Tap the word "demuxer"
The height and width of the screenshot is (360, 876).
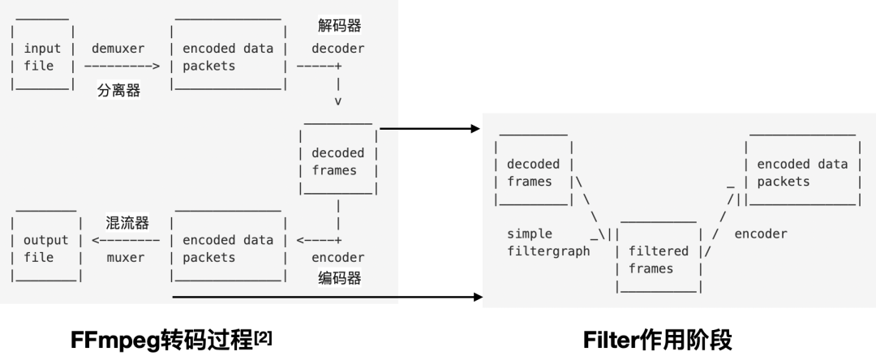tap(118, 49)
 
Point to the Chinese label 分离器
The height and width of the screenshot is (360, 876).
tap(119, 91)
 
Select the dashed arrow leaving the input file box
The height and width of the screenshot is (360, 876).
tap(122, 66)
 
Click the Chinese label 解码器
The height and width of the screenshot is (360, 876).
tap(339, 26)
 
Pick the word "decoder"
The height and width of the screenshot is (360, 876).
tap(338, 49)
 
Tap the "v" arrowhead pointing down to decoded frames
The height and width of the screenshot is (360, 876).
tap(337, 101)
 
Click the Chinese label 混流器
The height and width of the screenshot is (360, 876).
tap(127, 221)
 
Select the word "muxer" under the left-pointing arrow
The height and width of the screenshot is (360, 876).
tap(126, 258)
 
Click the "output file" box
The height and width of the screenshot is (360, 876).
tap(46, 248)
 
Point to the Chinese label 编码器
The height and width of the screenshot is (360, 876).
tap(339, 279)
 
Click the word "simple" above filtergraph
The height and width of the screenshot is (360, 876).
tap(530, 234)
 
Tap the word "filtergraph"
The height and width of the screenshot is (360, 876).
tap(549, 251)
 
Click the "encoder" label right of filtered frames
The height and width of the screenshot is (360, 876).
tap(761, 234)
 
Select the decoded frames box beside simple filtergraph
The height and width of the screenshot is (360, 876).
tap(535, 173)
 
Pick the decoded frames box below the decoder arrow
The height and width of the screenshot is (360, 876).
tap(338, 161)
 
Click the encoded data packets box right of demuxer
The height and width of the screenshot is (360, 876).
tap(228, 57)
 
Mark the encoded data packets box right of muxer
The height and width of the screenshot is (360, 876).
tap(228, 248)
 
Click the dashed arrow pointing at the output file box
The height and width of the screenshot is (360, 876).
tap(126, 240)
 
